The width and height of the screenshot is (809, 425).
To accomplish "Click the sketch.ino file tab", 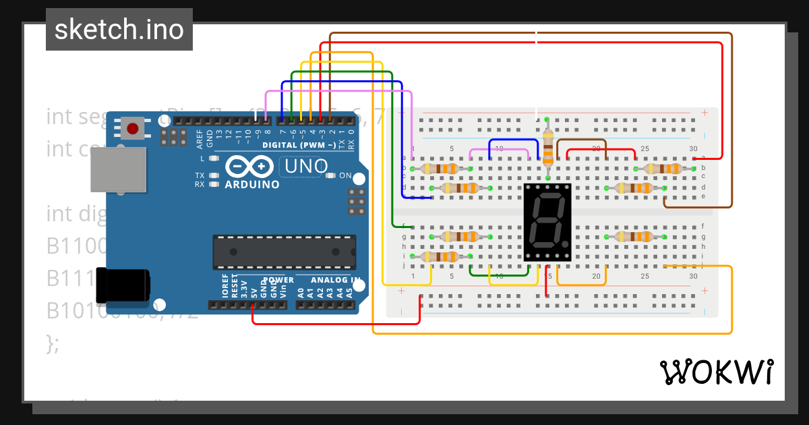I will pos(119,30).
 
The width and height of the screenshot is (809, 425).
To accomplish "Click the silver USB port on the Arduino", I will pos(119,169).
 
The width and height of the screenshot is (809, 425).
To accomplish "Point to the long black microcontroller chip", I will pos(284,251).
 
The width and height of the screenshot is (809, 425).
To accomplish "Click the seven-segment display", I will pos(547,222).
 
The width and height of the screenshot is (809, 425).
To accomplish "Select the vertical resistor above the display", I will pos(547,148).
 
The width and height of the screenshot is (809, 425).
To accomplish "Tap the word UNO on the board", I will pos(305,166).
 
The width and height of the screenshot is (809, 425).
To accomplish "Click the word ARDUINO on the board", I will pos(252,184).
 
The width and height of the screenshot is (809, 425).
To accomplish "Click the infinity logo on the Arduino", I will pos(249,166).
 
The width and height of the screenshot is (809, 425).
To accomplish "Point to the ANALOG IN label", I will pos(335,279).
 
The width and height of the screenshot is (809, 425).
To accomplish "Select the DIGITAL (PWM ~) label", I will pos(299,145).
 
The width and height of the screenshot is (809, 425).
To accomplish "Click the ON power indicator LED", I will pos(330,175).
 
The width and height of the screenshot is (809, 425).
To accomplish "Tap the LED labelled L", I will pos(214,159).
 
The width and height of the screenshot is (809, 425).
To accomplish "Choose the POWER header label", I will pos(278,279).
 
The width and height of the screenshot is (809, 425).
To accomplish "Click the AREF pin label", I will pos(200,139).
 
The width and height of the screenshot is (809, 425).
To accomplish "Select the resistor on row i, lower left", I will pos(441,257).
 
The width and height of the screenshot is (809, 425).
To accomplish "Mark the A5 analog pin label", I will pos(349,292).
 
